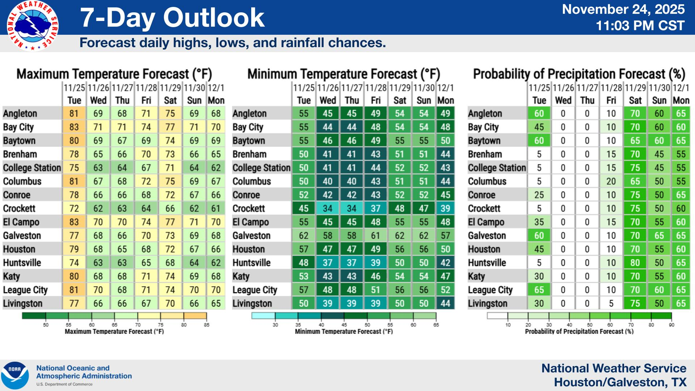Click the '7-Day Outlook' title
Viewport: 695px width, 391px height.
click(x=172, y=18)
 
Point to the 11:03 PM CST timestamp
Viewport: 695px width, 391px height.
click(x=640, y=26)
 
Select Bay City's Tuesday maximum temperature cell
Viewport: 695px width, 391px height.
click(x=74, y=127)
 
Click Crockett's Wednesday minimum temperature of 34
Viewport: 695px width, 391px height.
click(x=328, y=209)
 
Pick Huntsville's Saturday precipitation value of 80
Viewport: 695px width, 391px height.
click(x=635, y=263)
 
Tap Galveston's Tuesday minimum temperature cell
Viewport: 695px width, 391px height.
click(x=303, y=236)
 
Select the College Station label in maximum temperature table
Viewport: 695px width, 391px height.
click(x=32, y=168)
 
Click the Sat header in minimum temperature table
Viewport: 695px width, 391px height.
click(x=400, y=100)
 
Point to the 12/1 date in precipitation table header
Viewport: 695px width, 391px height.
click(x=681, y=88)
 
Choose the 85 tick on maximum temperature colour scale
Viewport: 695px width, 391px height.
click(x=207, y=325)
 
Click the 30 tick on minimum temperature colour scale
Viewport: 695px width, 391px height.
click(x=275, y=325)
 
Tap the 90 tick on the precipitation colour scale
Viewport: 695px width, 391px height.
click(x=671, y=325)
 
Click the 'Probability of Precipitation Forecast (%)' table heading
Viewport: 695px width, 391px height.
click(x=579, y=74)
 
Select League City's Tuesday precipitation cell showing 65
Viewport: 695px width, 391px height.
click(x=539, y=290)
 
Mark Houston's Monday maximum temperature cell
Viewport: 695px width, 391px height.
click(x=216, y=249)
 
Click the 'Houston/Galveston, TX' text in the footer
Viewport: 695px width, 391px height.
click(x=620, y=382)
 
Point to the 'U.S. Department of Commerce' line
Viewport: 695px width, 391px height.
click(x=64, y=384)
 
